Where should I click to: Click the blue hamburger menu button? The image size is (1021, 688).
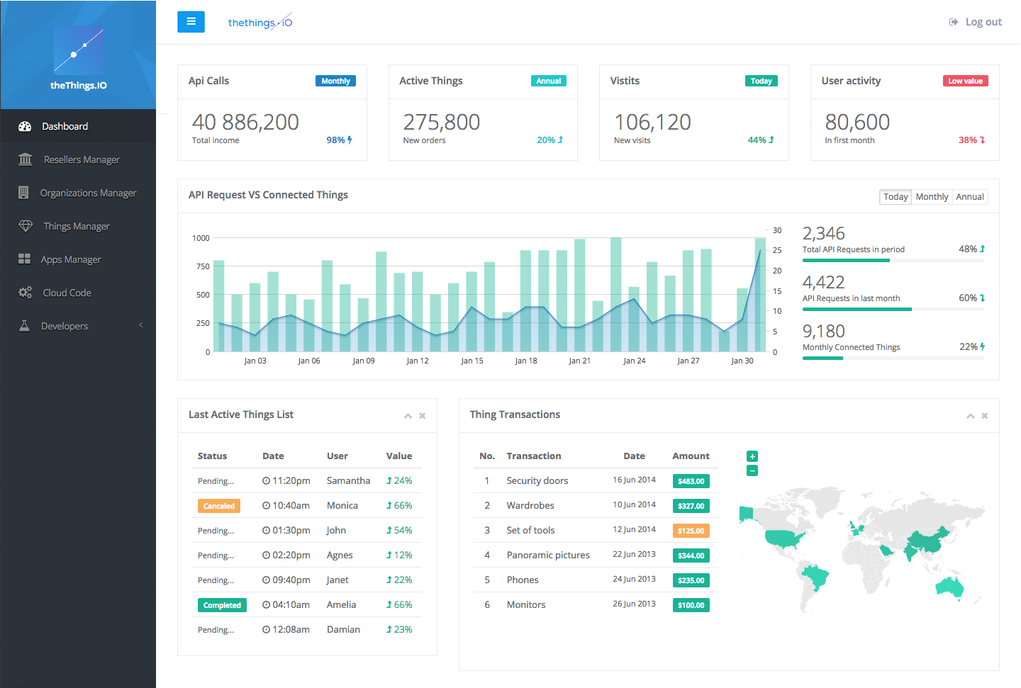click(x=191, y=22)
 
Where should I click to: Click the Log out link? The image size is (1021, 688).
click(x=983, y=22)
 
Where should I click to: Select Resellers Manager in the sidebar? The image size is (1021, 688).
click(x=82, y=159)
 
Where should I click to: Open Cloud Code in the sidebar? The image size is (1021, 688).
click(x=67, y=293)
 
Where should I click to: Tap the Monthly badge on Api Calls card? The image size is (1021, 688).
click(x=335, y=81)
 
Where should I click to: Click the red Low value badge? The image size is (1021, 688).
click(x=965, y=81)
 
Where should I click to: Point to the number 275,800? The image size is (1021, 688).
click(x=442, y=122)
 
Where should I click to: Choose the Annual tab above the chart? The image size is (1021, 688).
click(x=969, y=197)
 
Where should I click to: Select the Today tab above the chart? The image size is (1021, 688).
click(x=896, y=197)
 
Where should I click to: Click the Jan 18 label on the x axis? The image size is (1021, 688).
click(x=526, y=361)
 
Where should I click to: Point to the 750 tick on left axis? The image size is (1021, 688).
click(x=203, y=266)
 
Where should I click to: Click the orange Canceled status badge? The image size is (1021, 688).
click(x=218, y=506)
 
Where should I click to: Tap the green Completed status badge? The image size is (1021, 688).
click(x=222, y=605)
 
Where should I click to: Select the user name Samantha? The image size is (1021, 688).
click(x=348, y=480)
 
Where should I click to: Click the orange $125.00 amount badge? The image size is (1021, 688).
click(x=691, y=531)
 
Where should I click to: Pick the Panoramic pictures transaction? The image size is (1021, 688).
click(x=548, y=555)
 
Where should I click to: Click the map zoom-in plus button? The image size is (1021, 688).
click(x=752, y=456)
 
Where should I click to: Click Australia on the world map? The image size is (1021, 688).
click(x=950, y=587)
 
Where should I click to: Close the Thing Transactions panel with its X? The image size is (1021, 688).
click(x=984, y=416)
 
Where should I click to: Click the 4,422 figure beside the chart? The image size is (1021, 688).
click(x=823, y=282)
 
